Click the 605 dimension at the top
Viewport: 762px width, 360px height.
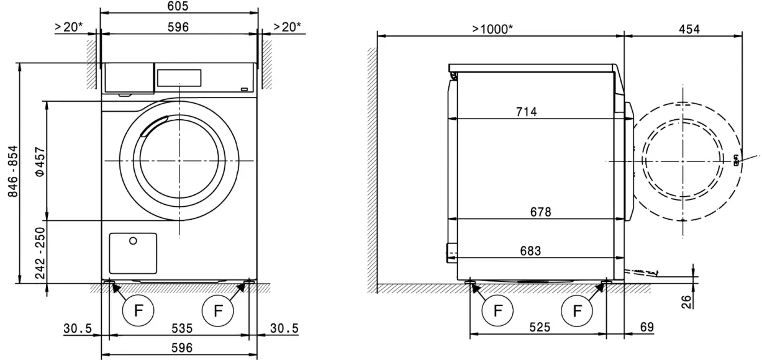(x=178, y=6)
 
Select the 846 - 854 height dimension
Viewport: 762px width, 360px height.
(x=13, y=172)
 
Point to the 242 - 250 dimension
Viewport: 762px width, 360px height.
(x=39, y=252)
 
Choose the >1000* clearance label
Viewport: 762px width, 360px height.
(x=492, y=29)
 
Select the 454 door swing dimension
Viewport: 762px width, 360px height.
(x=689, y=29)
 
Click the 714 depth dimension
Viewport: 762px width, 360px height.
(x=526, y=112)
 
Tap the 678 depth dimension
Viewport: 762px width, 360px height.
(x=540, y=212)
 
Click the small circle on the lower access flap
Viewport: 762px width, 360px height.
(x=133, y=241)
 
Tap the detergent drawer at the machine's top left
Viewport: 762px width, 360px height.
(x=128, y=78)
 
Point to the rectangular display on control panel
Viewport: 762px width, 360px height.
(x=179, y=78)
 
